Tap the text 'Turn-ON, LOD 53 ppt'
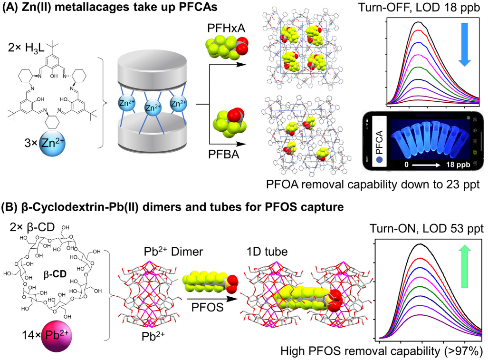(426, 229)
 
